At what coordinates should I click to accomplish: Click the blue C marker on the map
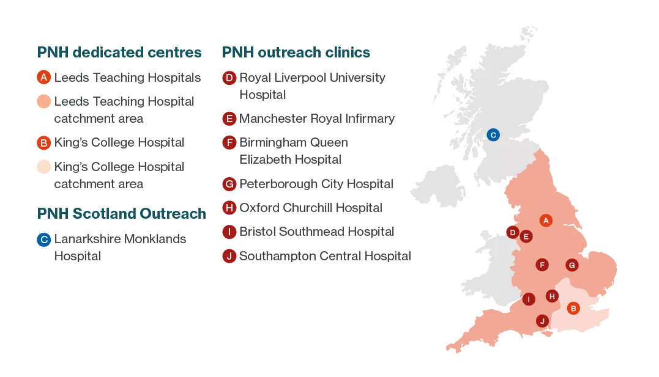tap(493, 134)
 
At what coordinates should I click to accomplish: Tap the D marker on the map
tap(513, 232)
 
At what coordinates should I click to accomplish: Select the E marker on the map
tap(526, 236)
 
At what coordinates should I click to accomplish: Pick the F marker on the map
tap(542, 265)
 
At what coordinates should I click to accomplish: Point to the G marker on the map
tap(572, 265)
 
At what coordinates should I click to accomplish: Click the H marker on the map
tap(552, 296)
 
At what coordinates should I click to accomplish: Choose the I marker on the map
tap(528, 299)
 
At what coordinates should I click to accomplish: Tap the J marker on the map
tap(542, 321)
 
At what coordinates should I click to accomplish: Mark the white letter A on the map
tap(546, 220)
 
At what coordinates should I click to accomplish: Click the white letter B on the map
tap(573, 309)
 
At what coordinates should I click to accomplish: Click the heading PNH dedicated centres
tap(119, 53)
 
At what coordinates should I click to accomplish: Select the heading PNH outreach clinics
tap(296, 53)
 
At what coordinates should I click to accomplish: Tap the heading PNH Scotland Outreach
tap(122, 213)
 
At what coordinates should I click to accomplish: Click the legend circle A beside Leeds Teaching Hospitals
tap(43, 78)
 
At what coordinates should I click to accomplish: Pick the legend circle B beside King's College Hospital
tap(43, 143)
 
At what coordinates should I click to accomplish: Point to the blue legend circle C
tap(43, 240)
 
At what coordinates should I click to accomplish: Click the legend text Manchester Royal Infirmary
tap(317, 119)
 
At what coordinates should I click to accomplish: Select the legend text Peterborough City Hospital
tap(316, 183)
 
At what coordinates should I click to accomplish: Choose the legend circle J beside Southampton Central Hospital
tap(229, 256)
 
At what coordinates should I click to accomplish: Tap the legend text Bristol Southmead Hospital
tap(317, 232)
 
